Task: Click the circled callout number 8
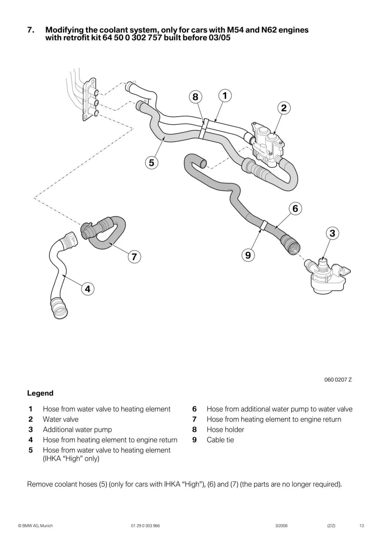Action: point(195,97)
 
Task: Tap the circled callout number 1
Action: point(225,96)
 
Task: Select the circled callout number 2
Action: point(284,108)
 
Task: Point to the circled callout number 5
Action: point(152,163)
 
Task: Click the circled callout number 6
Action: point(295,209)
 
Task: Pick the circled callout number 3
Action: point(332,233)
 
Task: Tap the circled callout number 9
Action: point(248,255)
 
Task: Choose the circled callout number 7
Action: point(134,257)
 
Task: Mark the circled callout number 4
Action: point(88,289)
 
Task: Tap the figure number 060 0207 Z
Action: point(338,380)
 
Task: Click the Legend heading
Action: point(40,393)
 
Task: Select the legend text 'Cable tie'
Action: point(220,440)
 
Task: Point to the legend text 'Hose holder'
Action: point(225,429)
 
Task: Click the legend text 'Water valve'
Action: point(61,419)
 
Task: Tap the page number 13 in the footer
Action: point(362,526)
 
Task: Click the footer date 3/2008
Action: point(281,526)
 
